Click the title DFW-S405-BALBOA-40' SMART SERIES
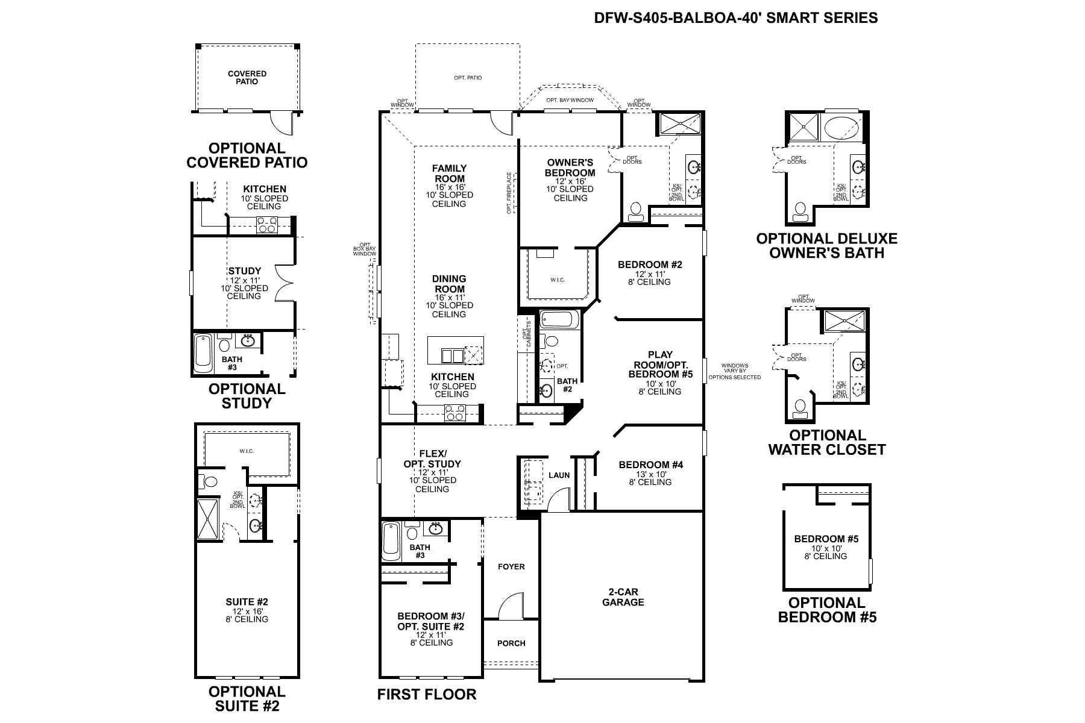click(736, 18)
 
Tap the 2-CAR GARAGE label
click(623, 597)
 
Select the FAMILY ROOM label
click(450, 174)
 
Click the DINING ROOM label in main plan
click(449, 284)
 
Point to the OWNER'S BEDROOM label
click(570, 167)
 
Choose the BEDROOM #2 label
click(650, 264)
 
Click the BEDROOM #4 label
click(651, 465)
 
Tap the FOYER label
click(511, 566)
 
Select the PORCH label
click(511, 643)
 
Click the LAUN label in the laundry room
click(559, 475)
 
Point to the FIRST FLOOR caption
click(427, 695)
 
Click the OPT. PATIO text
click(468, 78)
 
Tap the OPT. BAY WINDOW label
click(570, 100)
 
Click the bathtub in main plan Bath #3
click(391, 540)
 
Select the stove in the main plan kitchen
click(455, 412)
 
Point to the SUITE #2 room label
click(247, 602)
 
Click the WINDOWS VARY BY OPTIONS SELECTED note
click(734, 371)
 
